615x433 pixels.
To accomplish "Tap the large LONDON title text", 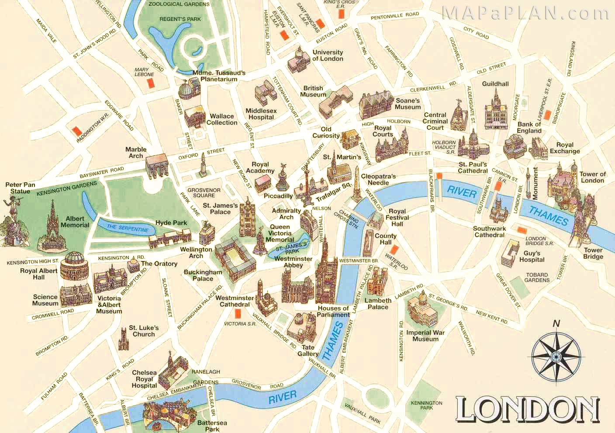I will pyautogui.click(x=528, y=409).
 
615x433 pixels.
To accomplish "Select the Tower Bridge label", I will pyautogui.click(x=593, y=254).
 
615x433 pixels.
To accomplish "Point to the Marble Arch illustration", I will pyautogui.click(x=156, y=166).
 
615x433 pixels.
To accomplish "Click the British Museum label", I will pyautogui.click(x=313, y=91).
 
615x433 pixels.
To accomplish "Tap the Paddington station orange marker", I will pyautogui.click(x=77, y=131).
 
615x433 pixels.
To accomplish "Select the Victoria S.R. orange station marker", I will pyautogui.click(x=238, y=313).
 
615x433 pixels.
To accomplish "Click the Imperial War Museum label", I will pyautogui.click(x=425, y=336).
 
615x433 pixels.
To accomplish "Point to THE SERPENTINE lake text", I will pyautogui.click(x=128, y=228).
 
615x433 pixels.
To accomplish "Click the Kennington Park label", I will pyautogui.click(x=426, y=406).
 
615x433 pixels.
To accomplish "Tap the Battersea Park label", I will pyautogui.click(x=212, y=426).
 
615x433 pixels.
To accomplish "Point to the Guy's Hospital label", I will pyautogui.click(x=532, y=256).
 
